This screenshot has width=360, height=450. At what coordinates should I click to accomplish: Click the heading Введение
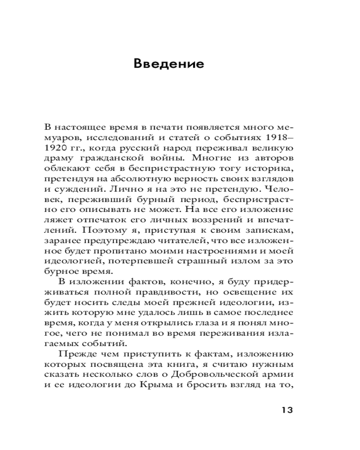169,63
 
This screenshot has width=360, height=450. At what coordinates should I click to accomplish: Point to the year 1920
56,148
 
